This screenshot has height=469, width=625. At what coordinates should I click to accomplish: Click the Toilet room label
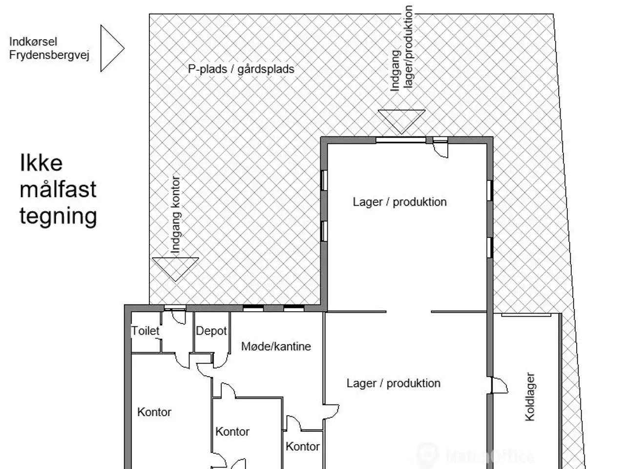(145, 331)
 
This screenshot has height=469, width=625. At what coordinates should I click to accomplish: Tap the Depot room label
(211, 331)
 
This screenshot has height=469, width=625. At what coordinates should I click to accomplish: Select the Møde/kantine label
(276, 346)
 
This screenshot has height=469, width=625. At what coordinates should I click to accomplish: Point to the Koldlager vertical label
(530, 396)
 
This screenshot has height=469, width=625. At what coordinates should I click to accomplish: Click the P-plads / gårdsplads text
(241, 69)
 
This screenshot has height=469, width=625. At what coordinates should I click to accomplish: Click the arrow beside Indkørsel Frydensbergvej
(111, 48)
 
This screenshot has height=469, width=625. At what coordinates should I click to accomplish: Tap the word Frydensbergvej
(49, 56)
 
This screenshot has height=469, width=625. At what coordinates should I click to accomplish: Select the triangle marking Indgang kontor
(175, 268)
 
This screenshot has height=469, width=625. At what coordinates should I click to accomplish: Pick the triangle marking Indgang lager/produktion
(401, 120)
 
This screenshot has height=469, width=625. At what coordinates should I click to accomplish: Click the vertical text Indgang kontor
(176, 214)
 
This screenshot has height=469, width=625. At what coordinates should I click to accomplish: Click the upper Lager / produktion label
(399, 202)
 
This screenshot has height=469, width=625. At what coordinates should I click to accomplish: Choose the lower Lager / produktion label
(393, 383)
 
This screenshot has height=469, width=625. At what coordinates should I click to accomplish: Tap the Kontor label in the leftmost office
(154, 412)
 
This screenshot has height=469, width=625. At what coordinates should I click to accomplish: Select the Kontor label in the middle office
(232, 431)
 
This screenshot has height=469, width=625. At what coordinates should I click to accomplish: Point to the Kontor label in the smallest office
(303, 446)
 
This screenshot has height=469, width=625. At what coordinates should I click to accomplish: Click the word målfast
(58, 189)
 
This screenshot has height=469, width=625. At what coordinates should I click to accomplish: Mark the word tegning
(58, 215)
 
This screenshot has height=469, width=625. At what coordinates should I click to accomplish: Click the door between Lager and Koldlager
(499, 385)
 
